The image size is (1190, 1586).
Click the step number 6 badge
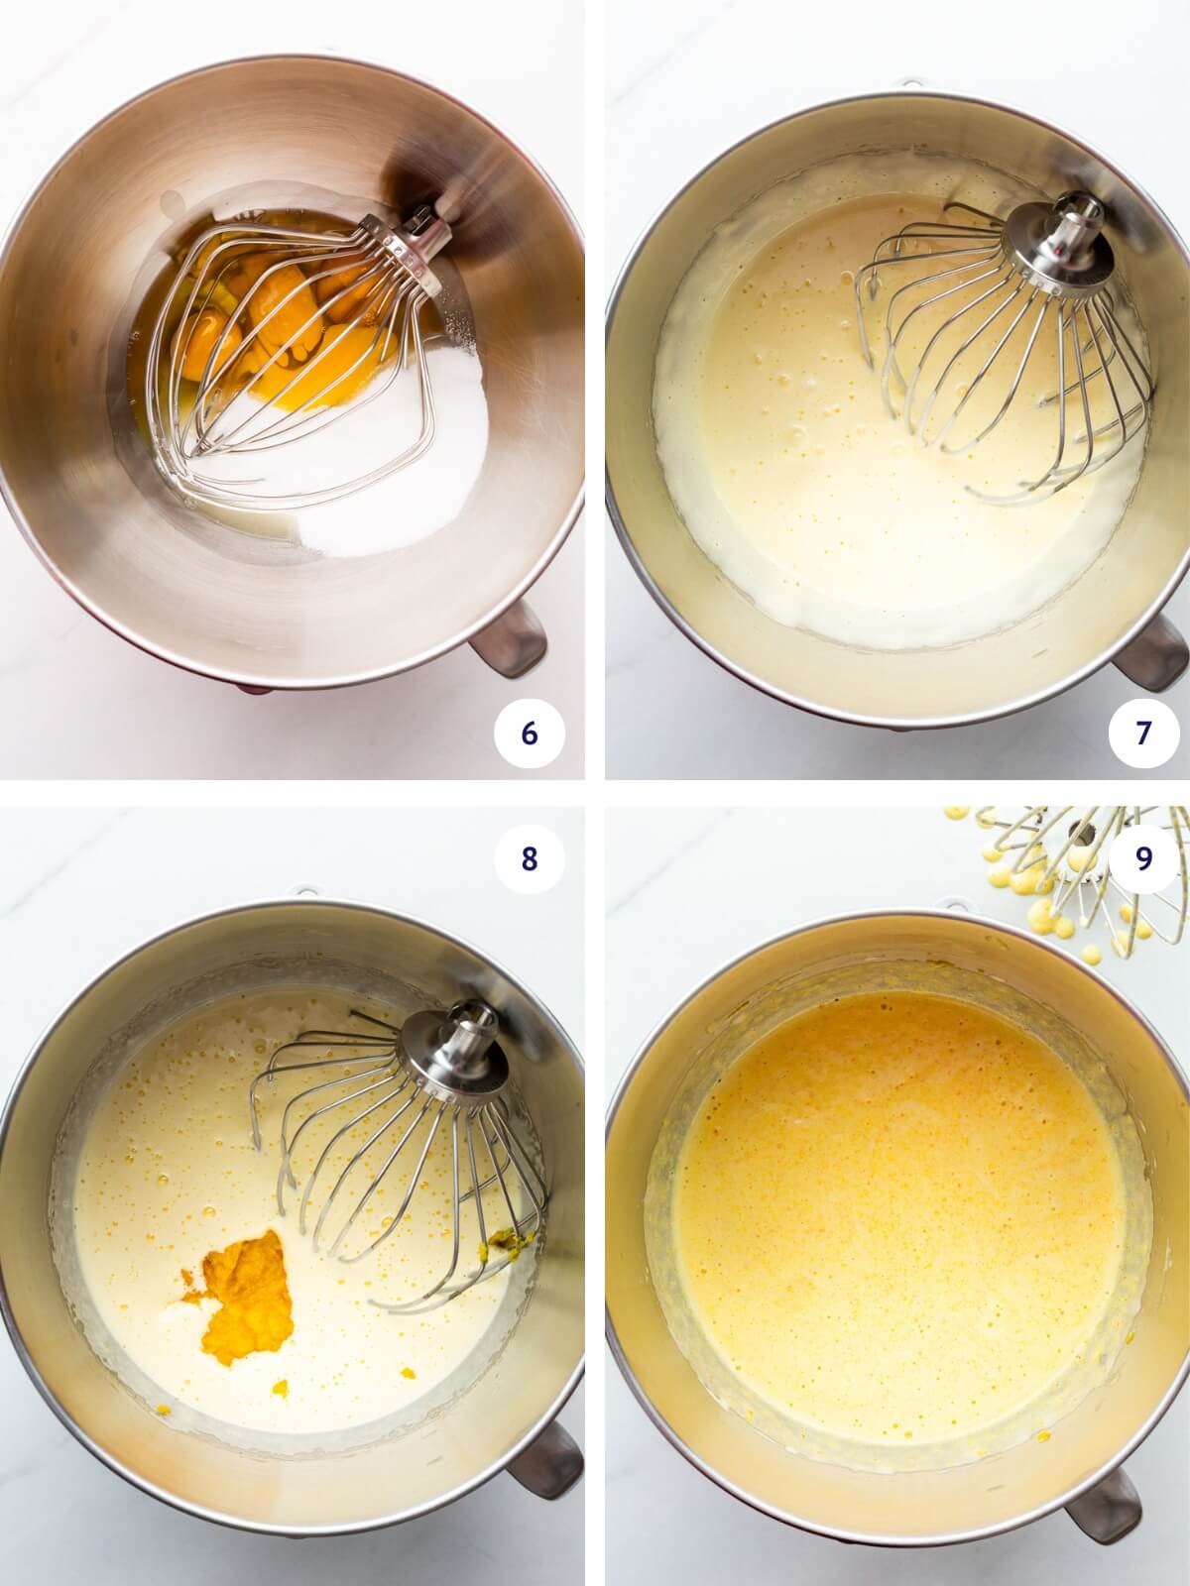point(529,733)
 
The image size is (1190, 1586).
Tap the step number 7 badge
point(1142,733)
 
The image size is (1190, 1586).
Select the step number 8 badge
point(529,858)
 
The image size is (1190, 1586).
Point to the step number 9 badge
point(1142,858)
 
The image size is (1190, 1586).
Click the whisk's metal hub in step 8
point(455,1048)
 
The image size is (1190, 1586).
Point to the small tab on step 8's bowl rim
point(304,891)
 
